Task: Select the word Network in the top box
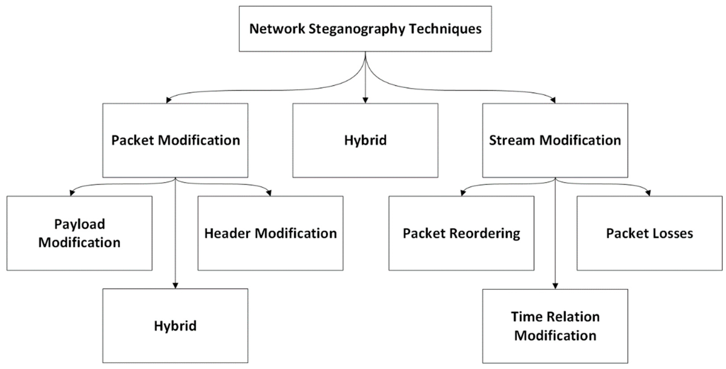point(277,29)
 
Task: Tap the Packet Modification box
point(175,140)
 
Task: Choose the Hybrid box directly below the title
point(365,140)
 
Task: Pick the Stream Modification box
point(555,140)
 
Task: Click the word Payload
point(79,224)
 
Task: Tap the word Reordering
point(485,234)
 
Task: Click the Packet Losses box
point(649,233)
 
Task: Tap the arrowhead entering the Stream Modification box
point(553,100)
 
